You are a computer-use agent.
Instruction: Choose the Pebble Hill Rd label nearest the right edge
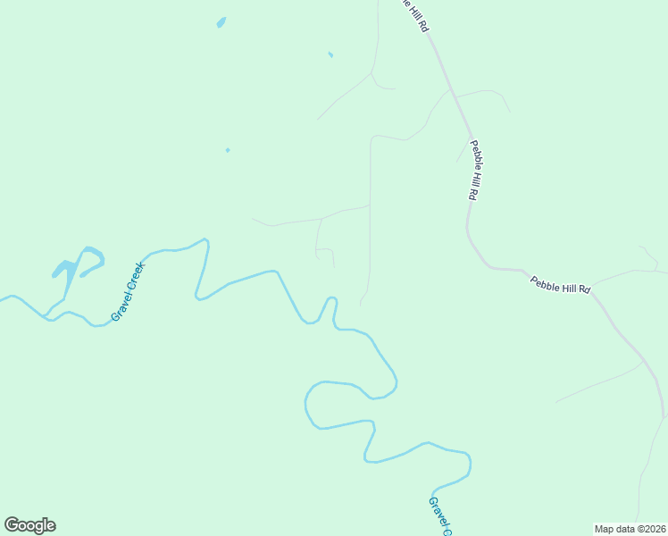coord(561,285)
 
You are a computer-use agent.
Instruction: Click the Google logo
coord(29,525)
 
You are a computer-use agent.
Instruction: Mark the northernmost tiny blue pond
coord(221,22)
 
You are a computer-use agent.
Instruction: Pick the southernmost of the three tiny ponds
coord(228,150)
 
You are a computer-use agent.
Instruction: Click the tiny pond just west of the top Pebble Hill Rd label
coord(330,54)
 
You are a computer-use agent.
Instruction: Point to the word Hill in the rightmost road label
coord(561,285)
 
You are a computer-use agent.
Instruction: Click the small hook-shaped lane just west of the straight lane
coord(325,252)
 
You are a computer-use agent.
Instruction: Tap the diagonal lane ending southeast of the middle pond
coord(344,98)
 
